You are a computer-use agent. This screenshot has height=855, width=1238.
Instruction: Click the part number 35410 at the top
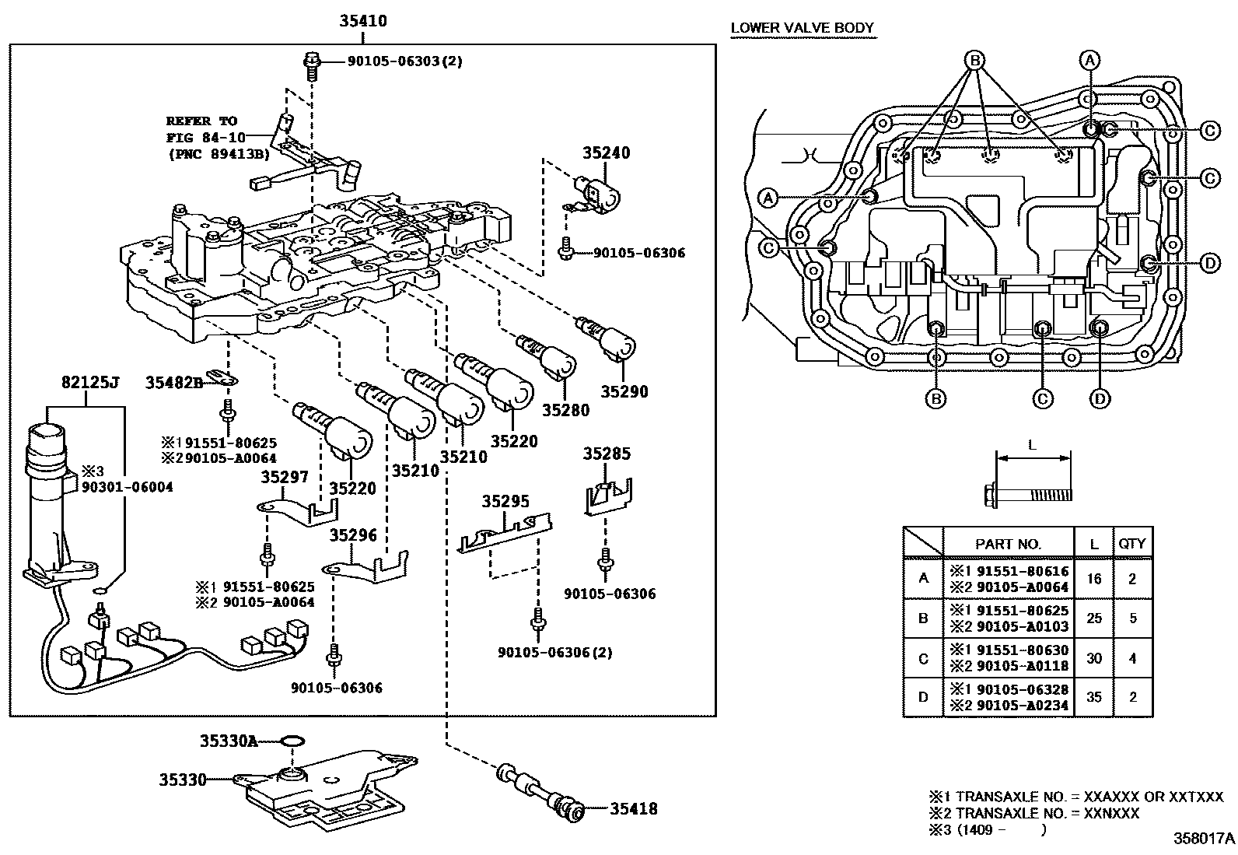click(x=362, y=21)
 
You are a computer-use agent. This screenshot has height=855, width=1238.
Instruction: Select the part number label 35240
click(x=606, y=153)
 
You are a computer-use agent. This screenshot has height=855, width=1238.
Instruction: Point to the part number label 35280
click(x=565, y=410)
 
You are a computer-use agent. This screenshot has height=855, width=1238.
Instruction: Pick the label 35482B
click(x=173, y=382)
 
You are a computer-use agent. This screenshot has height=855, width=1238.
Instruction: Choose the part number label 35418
click(x=633, y=809)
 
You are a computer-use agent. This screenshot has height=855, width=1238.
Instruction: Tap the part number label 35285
click(x=607, y=454)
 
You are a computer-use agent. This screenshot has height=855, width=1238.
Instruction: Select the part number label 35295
click(x=505, y=501)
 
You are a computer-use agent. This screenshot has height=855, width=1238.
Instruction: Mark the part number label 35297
click(x=285, y=477)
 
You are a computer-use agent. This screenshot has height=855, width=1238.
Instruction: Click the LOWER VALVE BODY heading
click(x=803, y=28)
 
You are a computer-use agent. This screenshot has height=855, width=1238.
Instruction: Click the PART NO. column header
click(x=1008, y=545)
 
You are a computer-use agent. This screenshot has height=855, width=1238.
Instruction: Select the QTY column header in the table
click(x=1131, y=544)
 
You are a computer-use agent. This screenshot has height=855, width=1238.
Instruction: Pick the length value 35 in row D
click(x=1094, y=697)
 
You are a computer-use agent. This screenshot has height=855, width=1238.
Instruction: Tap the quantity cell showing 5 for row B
click(x=1132, y=618)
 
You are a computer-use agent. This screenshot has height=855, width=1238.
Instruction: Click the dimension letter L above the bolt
click(x=1032, y=446)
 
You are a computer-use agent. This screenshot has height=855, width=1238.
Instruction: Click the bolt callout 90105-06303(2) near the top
click(x=393, y=61)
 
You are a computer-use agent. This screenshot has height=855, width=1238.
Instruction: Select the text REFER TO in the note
click(x=201, y=121)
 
